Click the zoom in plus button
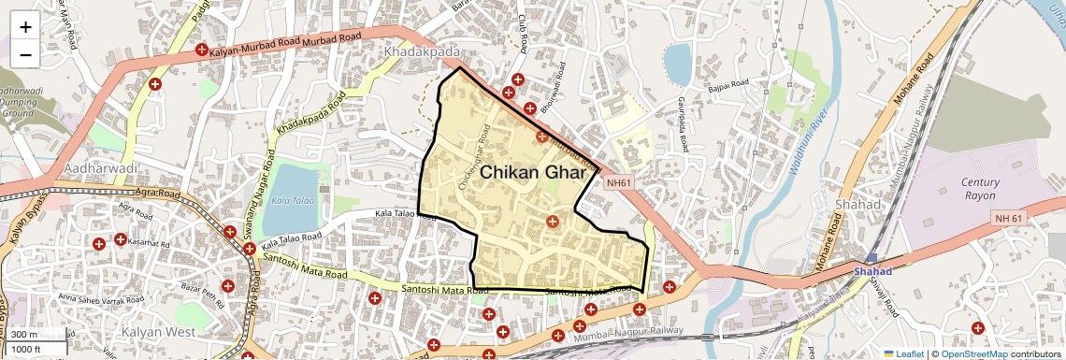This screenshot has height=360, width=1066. (25, 27)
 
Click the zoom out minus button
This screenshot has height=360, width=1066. (25, 55)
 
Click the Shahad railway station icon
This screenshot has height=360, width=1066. (872, 258)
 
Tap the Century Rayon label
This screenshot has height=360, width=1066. (980, 189)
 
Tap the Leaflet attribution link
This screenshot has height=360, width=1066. (904, 353)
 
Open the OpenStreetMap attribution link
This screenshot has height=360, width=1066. (973, 353)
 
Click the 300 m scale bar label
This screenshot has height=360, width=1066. (24, 335)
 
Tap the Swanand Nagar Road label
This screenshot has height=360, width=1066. (252, 209)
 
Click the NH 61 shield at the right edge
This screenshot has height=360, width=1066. (1008, 217)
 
